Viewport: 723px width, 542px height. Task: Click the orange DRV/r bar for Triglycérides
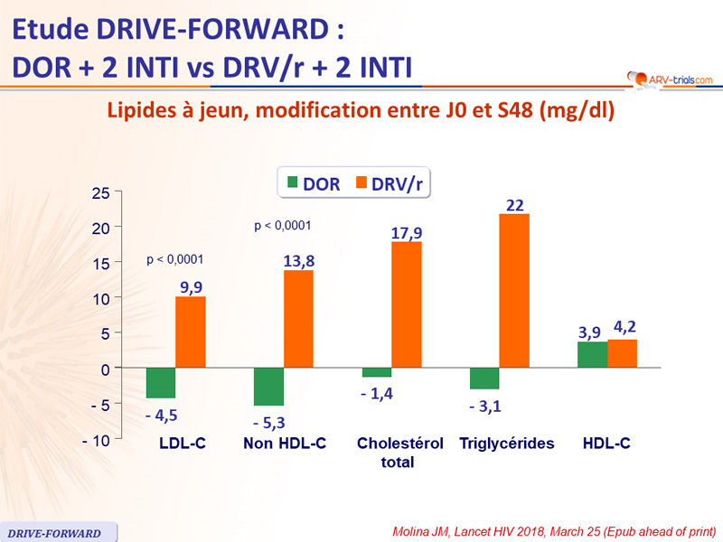514,291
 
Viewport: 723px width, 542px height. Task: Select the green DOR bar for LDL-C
161,383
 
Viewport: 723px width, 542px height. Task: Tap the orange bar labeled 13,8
298,319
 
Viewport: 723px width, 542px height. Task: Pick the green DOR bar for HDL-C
592,355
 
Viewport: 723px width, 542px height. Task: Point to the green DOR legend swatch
293,184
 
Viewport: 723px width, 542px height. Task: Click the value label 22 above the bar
515,205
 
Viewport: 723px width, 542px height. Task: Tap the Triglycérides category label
506,444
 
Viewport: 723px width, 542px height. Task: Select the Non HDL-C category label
285,444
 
